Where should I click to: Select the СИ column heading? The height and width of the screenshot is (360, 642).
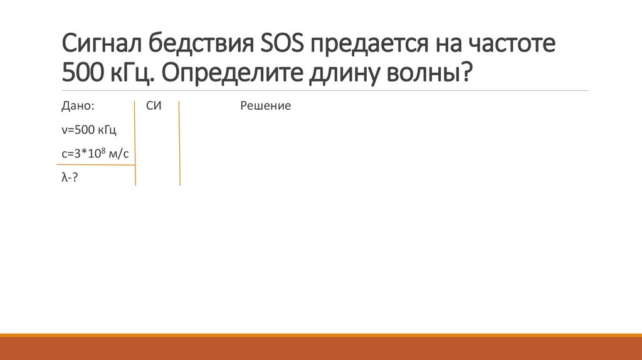point(154,106)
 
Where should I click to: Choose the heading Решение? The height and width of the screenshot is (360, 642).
point(265,106)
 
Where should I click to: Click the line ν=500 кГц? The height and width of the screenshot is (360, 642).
point(89,130)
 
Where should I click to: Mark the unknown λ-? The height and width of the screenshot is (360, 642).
point(70,177)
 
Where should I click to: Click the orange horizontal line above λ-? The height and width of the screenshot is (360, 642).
point(94,165)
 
